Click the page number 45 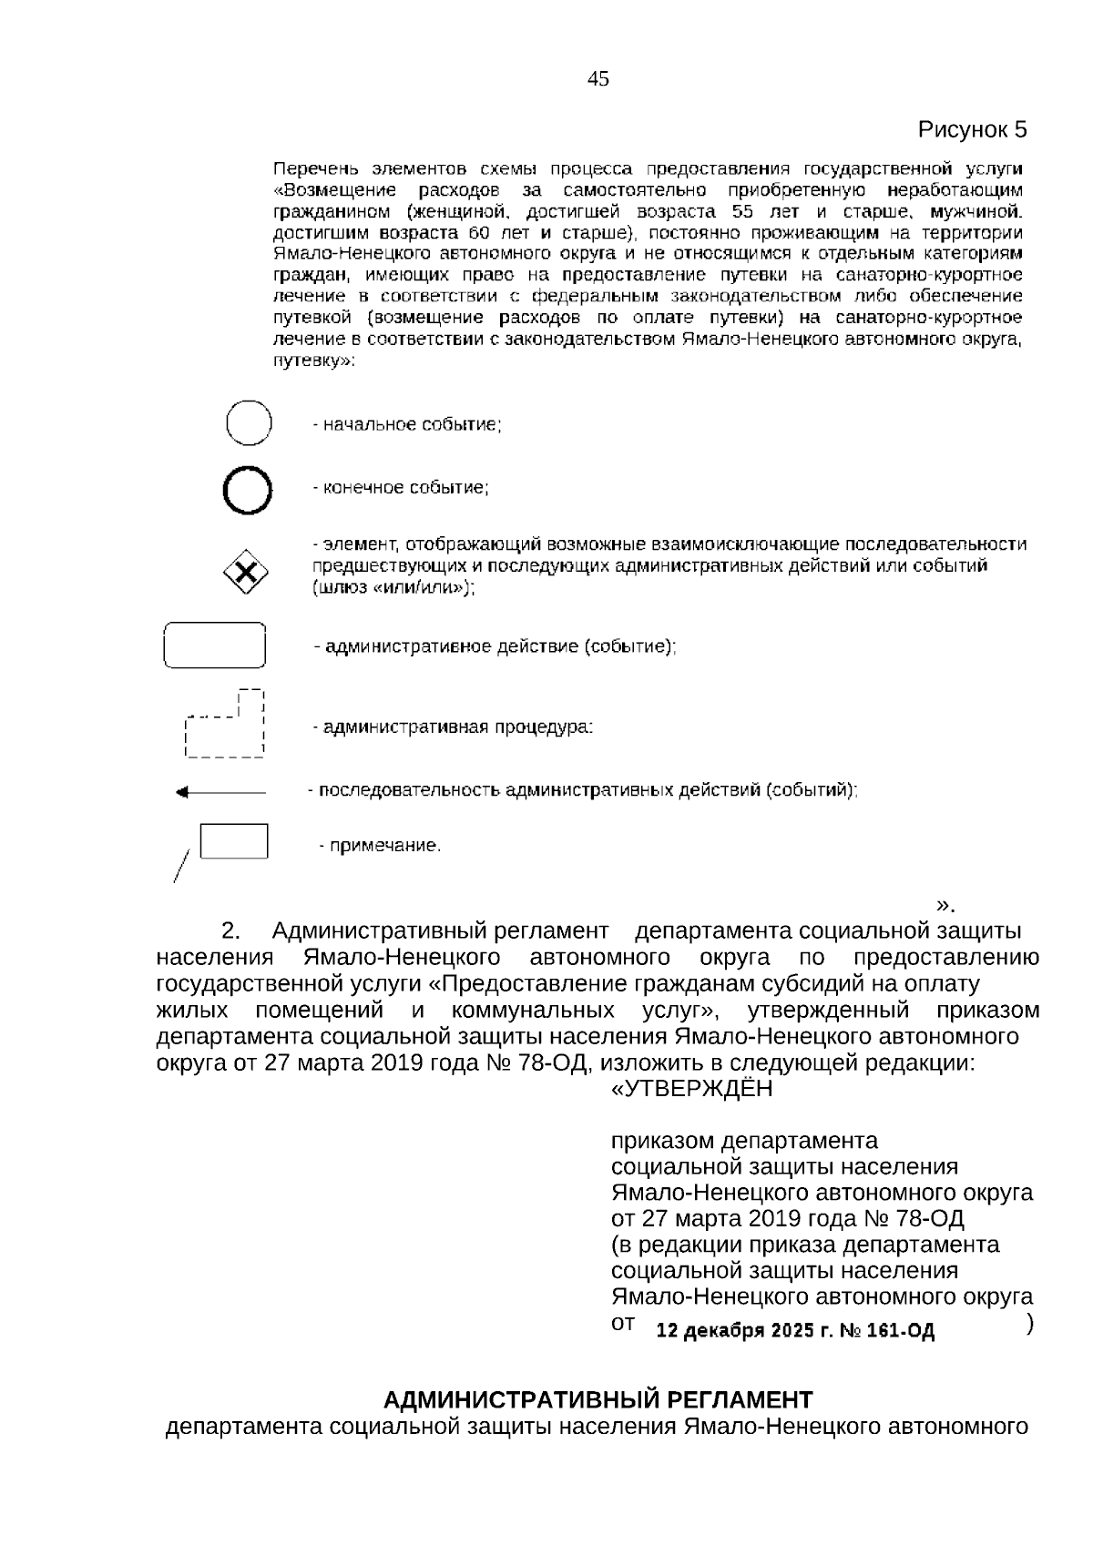[598, 79]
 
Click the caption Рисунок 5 [971, 129]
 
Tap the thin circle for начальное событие [249, 423]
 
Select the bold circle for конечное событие [248, 491]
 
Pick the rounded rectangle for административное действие [214, 645]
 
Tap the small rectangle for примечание [233, 840]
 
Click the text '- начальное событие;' [407, 424]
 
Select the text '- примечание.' [380, 846]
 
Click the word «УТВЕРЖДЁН [691, 1088]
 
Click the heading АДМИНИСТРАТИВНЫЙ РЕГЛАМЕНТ [598, 1399]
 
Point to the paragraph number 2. [231, 931]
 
